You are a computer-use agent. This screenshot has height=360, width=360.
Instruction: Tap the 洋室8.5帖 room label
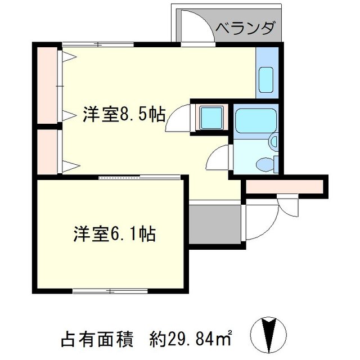point(124,115)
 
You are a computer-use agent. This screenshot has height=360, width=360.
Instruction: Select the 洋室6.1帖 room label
point(115,233)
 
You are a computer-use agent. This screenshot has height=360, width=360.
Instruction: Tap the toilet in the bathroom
point(264,164)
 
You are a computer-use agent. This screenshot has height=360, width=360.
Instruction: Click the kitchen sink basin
point(265,79)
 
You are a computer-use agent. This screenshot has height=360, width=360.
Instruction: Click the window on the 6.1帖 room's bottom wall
point(110,291)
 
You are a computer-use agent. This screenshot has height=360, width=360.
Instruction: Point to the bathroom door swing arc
point(218,158)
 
